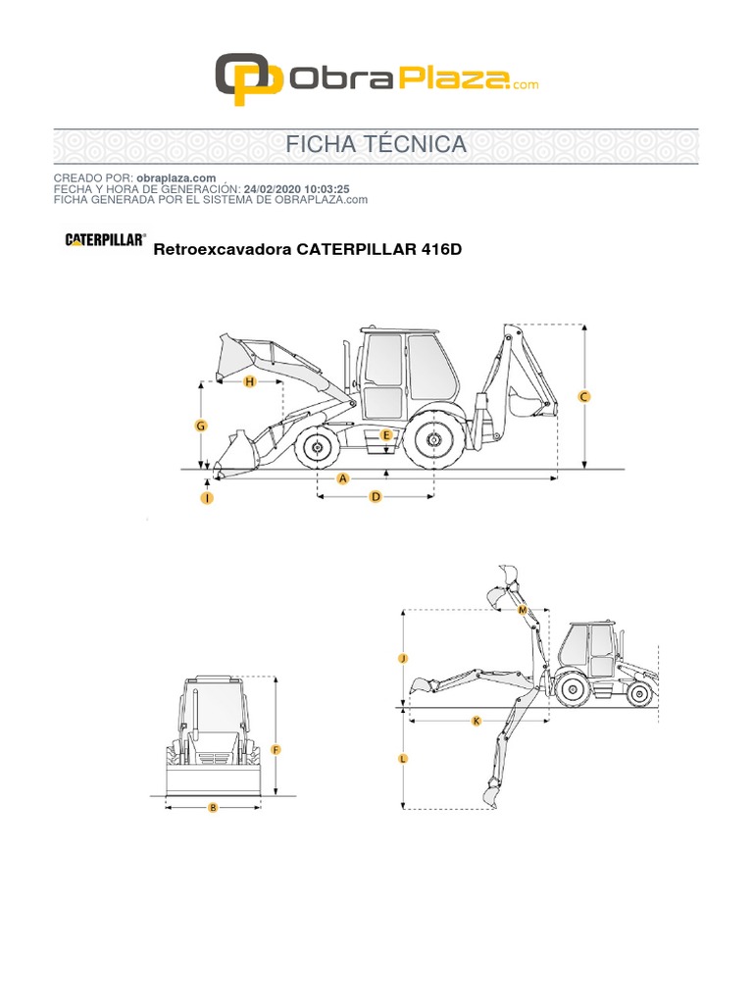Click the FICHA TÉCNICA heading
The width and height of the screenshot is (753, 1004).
click(376, 145)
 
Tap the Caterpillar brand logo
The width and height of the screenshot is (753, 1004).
click(106, 238)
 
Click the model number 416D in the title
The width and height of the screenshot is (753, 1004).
click(441, 249)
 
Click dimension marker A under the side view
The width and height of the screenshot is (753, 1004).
click(343, 478)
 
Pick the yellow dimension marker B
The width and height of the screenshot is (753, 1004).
click(213, 808)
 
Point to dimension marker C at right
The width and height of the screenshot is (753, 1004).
click(584, 397)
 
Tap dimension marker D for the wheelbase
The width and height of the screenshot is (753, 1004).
click(375, 497)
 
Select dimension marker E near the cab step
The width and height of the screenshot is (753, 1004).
click(386, 434)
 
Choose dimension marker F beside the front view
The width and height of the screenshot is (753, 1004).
click(276, 750)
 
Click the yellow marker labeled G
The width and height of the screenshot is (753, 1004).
click(200, 427)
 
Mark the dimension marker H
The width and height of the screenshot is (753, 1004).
click(249, 381)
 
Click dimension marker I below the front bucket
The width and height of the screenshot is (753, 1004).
click(207, 498)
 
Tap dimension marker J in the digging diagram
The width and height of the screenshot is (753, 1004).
click(403, 659)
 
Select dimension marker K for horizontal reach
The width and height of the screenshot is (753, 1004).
click(477, 721)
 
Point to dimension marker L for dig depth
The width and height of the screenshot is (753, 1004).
click(403, 759)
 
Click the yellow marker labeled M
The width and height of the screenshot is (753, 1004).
click(523, 610)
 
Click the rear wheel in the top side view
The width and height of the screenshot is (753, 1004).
click(432, 443)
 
